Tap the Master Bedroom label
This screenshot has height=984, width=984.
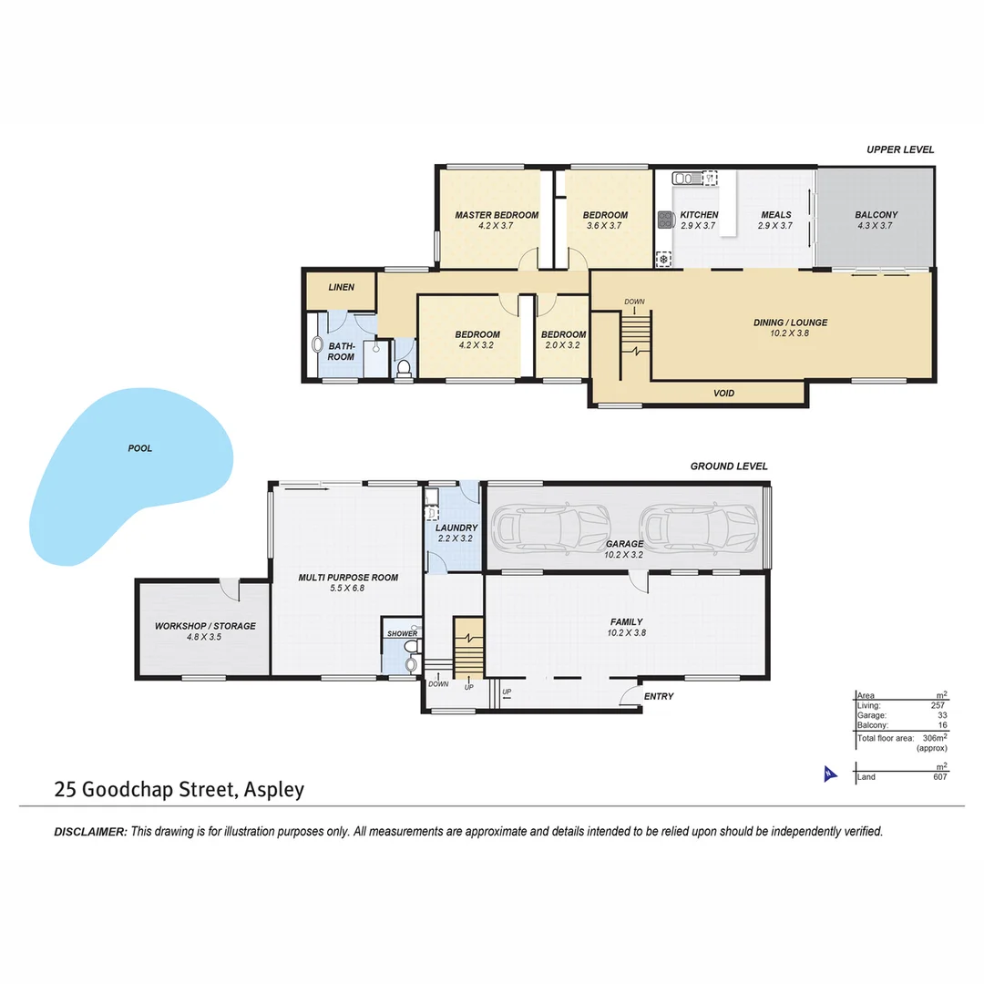[x=497, y=215]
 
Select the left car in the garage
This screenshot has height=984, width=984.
[x=550, y=526]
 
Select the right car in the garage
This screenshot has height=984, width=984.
[x=698, y=526]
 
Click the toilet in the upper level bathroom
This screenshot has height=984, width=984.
[x=404, y=368]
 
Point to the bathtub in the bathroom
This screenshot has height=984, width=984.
[x=317, y=346]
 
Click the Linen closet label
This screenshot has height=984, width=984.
[x=341, y=287]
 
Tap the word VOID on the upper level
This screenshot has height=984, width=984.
[x=723, y=394]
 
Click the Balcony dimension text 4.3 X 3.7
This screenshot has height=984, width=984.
[x=876, y=226]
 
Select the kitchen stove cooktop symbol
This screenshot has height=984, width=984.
[x=664, y=220]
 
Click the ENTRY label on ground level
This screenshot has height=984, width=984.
[x=658, y=697]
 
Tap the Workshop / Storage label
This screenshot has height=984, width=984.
[x=205, y=626]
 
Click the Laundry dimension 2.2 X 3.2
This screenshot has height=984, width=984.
[x=456, y=538]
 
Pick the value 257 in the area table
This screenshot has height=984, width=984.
[x=938, y=705]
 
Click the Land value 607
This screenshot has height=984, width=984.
[x=939, y=777]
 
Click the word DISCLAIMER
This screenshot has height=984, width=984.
[x=90, y=831]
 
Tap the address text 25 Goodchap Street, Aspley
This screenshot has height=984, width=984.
[x=179, y=789]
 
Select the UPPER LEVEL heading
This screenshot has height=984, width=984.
[x=899, y=149]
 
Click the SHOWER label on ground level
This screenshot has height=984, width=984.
[x=402, y=633]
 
